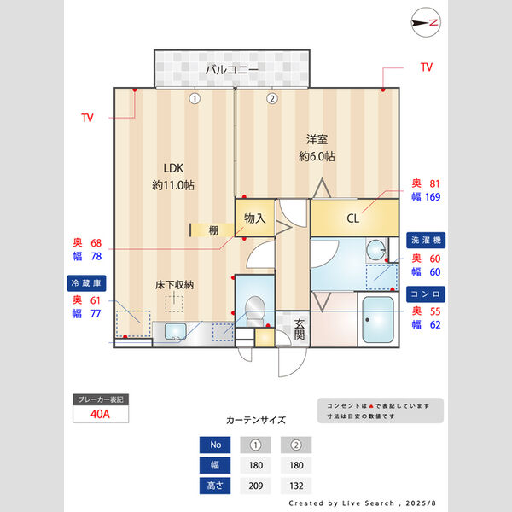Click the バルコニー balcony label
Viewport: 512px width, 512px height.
pyautogui.click(x=230, y=70)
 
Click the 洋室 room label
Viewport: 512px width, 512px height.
pyautogui.click(x=317, y=138)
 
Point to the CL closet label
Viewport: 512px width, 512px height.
pyautogui.click(x=352, y=218)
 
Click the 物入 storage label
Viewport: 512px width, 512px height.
pyautogui.click(x=255, y=218)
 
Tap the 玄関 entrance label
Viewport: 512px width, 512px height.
pyautogui.click(x=300, y=329)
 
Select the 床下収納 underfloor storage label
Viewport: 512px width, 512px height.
pyautogui.click(x=174, y=284)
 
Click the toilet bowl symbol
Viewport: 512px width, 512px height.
pyautogui.click(x=254, y=308)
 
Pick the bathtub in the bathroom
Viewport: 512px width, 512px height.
pyautogui.click(x=377, y=321)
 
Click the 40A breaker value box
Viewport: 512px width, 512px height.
pyautogui.click(x=102, y=416)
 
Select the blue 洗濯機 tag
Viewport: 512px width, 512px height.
pyautogui.click(x=424, y=240)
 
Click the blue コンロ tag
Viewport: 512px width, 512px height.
pyautogui.click(x=424, y=294)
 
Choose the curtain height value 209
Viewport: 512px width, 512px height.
pyautogui.click(x=255, y=486)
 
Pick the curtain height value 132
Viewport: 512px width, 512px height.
pyautogui.click(x=295, y=486)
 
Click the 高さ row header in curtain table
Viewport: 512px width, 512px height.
pyautogui.click(x=215, y=486)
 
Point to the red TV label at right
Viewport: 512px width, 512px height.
pyautogui.click(x=427, y=67)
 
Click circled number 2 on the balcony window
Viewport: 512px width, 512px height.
pyautogui.click(x=271, y=98)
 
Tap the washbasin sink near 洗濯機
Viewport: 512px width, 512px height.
pyautogui.click(x=376, y=251)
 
